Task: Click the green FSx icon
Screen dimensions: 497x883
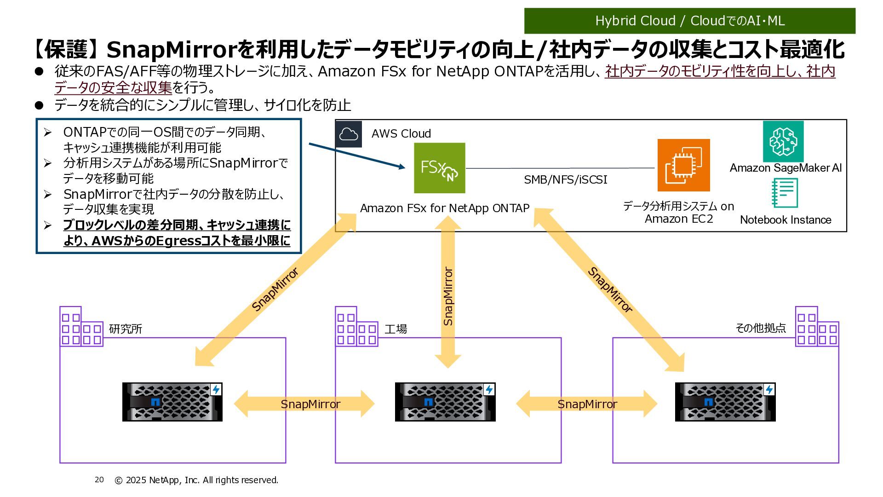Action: click(439, 168)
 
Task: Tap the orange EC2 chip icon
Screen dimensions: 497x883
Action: click(683, 165)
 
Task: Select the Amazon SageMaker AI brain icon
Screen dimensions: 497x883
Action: click(783, 141)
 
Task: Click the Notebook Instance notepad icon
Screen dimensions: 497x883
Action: click(785, 193)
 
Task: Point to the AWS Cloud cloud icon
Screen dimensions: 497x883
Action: click(349, 134)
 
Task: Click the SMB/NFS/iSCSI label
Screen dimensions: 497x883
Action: click(565, 180)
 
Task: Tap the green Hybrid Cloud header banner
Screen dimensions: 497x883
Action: click(689, 21)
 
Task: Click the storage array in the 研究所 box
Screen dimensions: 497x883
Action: click(172, 402)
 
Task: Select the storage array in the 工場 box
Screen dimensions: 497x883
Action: click(445, 402)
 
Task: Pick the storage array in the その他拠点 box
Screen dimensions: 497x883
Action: click(725, 402)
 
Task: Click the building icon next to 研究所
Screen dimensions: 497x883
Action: click(81, 327)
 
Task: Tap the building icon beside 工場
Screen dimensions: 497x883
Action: click(356, 327)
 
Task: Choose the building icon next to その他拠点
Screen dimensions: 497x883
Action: click(817, 327)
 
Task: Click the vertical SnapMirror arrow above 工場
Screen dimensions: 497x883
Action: click(448, 295)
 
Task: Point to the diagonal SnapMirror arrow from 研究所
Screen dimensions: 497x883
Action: click(275, 290)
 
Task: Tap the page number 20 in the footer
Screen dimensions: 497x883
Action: click(99, 480)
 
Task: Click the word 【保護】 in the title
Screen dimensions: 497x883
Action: click(67, 49)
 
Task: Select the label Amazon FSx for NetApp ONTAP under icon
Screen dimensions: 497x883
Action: click(444, 208)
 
